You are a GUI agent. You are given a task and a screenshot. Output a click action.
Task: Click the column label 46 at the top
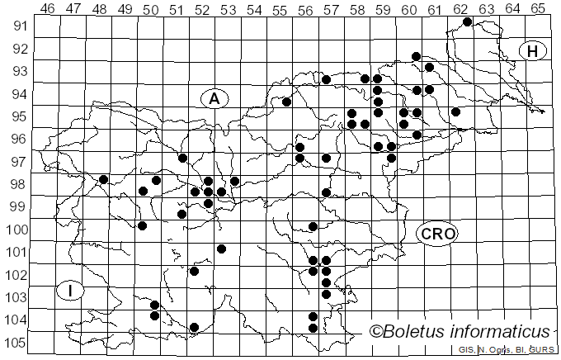point(47,9)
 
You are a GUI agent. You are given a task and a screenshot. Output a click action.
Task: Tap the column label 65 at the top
point(538,9)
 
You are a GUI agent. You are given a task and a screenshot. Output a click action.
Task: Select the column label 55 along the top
point(280,9)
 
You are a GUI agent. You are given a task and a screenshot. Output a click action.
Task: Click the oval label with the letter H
point(533,51)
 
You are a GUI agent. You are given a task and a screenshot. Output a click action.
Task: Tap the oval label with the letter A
point(214,99)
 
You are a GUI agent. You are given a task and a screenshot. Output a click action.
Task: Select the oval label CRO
point(437,234)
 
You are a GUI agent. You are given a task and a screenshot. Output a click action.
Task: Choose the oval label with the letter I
point(72,291)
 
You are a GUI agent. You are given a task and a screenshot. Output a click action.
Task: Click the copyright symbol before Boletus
point(376,332)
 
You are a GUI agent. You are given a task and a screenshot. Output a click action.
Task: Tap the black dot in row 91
point(467,21)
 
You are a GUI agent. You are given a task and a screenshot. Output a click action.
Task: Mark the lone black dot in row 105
point(195,328)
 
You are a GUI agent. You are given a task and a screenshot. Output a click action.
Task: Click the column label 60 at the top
point(409,9)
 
